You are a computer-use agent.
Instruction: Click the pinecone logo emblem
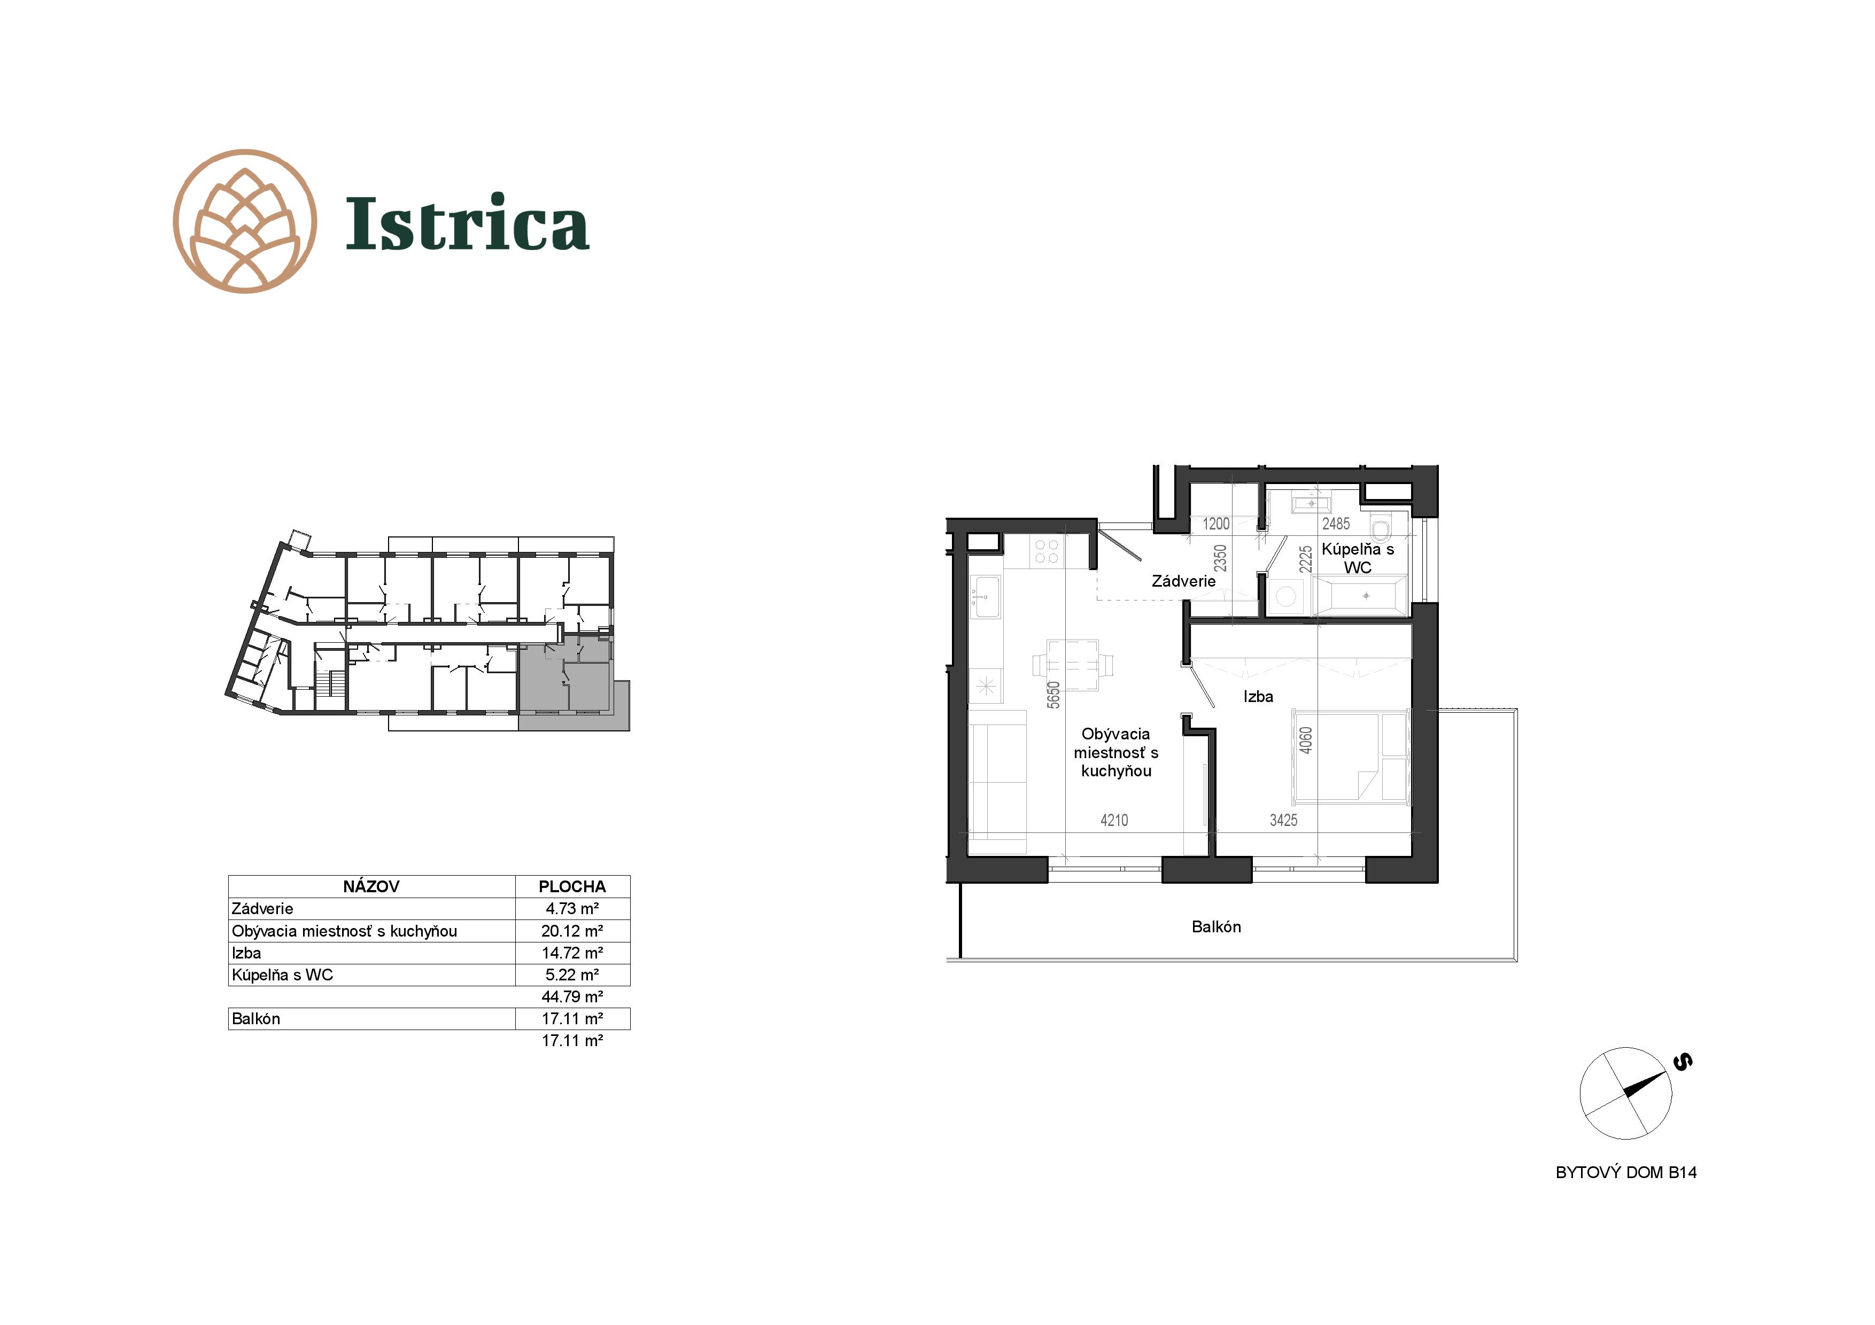(245, 221)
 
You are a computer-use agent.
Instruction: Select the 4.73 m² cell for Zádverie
(572, 909)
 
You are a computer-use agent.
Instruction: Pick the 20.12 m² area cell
(572, 931)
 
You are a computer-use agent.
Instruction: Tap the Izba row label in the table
(246, 953)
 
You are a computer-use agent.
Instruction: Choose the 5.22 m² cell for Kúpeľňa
(572, 975)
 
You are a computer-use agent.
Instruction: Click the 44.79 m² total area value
(572, 997)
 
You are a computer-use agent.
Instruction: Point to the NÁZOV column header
(371, 886)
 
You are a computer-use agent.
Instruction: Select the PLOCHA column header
(572, 886)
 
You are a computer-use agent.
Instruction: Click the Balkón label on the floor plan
(1216, 926)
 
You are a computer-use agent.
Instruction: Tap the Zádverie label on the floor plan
(1183, 581)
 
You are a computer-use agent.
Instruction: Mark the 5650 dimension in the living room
(1053, 695)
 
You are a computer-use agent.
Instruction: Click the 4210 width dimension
(1114, 821)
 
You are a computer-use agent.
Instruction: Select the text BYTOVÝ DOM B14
(1626, 1172)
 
